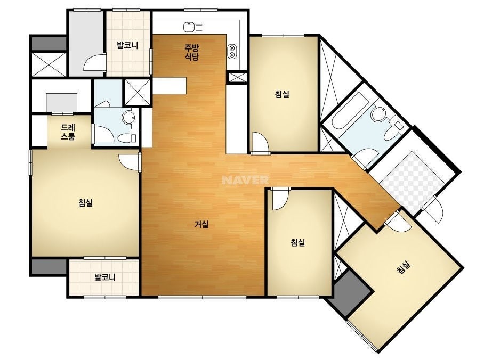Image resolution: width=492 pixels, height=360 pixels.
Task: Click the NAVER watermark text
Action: pyautogui.click(x=245, y=180)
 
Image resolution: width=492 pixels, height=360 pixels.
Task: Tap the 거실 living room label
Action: pyautogui.click(x=201, y=224)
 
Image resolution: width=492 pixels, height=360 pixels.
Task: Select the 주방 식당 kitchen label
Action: pyautogui.click(x=192, y=52)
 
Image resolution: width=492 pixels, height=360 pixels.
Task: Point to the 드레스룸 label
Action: pyautogui.click(x=68, y=132)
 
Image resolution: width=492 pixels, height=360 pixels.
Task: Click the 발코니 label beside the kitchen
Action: pyautogui.click(x=128, y=45)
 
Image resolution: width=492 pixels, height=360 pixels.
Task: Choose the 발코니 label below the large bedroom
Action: pyautogui.click(x=105, y=277)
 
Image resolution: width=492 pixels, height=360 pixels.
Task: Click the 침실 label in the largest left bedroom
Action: pyautogui.click(x=85, y=202)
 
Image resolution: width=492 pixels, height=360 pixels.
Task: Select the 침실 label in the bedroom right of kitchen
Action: pyautogui.click(x=282, y=94)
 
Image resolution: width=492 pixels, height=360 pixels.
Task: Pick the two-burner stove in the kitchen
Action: pyautogui.click(x=232, y=51)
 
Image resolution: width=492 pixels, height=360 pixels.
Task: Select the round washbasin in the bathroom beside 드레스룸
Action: pyautogui.click(x=128, y=118)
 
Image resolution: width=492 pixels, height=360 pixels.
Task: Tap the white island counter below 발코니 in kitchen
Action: pyautogui.click(x=170, y=86)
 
